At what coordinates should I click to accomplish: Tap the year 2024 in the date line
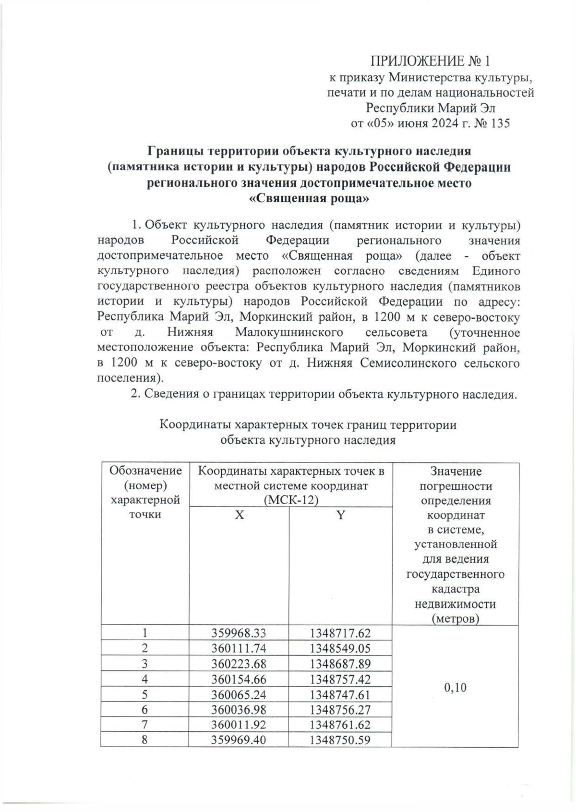[x=450, y=123]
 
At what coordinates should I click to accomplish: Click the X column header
[x=239, y=515]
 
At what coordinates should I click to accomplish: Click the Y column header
[x=340, y=515]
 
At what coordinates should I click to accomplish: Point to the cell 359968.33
[x=239, y=633]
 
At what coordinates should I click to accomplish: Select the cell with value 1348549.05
[x=340, y=649]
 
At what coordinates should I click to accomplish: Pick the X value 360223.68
[x=239, y=664]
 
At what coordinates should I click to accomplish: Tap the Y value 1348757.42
[x=340, y=679]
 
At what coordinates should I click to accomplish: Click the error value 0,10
[x=455, y=688]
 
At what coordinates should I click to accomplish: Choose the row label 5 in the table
[x=144, y=695]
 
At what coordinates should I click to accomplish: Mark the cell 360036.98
[x=239, y=710]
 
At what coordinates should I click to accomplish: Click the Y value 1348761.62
[x=340, y=726]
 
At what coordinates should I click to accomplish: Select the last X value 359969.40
[x=239, y=741]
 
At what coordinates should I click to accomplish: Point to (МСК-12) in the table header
[x=291, y=500]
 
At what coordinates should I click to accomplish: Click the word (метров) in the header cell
[x=455, y=618]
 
